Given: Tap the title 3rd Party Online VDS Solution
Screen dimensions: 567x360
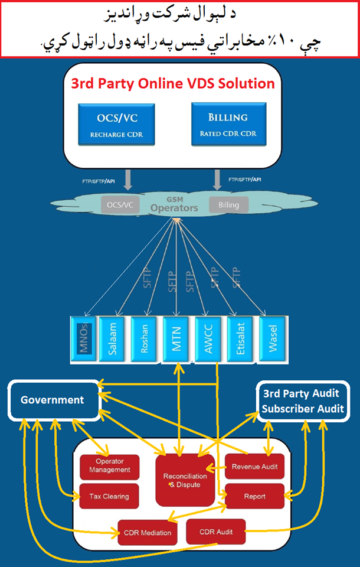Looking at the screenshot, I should (173, 83).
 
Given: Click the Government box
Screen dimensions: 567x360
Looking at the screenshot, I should (53, 400).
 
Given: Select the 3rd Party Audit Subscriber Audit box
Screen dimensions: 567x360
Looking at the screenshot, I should (303, 400).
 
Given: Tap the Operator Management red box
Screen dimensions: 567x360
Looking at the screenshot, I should (110, 466).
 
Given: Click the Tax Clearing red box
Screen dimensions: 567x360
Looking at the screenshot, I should (110, 496).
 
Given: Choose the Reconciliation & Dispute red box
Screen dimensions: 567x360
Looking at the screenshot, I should (185, 480).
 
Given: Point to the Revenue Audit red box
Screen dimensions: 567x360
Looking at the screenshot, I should (254, 466).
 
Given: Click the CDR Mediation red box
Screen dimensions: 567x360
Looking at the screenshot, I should (148, 532).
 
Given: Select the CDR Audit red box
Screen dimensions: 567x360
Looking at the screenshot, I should (216, 532).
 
